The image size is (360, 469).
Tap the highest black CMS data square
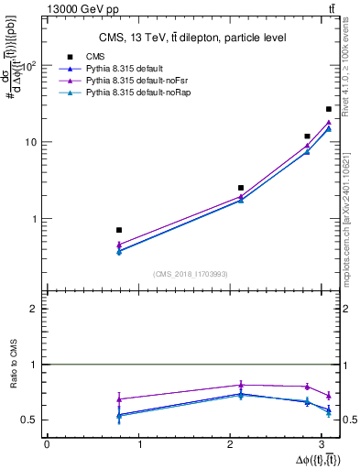[329, 109]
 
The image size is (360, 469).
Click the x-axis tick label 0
[46, 445]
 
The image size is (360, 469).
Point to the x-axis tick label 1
[139, 445]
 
